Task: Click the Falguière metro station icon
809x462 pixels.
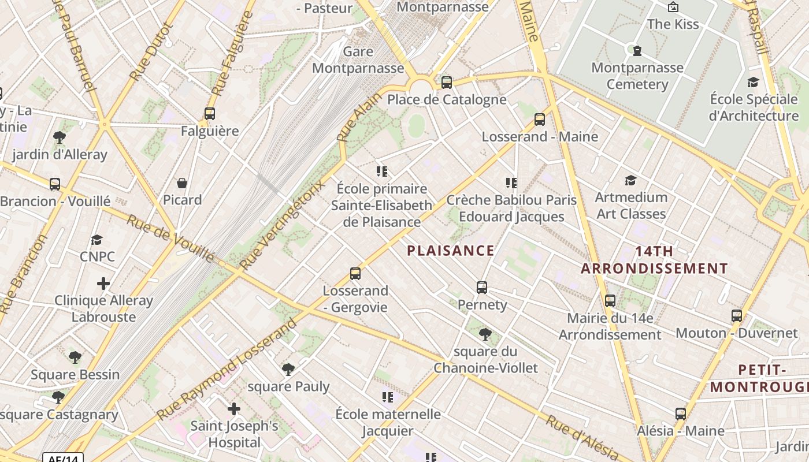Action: [x=210, y=114]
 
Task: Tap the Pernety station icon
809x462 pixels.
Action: [x=482, y=287]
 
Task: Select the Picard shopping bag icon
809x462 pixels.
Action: [x=182, y=183]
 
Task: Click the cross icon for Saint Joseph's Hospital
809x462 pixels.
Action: [x=234, y=409]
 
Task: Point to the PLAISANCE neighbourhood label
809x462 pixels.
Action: [x=451, y=251]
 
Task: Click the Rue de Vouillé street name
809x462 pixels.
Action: [x=170, y=239]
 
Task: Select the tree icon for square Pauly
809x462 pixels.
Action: [x=288, y=369]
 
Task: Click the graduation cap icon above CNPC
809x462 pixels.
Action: [x=97, y=240]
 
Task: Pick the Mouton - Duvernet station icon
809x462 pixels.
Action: [x=737, y=316]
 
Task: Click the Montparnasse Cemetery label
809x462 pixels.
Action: [x=637, y=76]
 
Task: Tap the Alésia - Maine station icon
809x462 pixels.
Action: [x=681, y=413]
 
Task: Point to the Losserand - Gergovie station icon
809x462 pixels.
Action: [x=355, y=273]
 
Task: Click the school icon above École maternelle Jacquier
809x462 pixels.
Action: [x=388, y=397]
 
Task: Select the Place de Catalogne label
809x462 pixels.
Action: [x=447, y=99]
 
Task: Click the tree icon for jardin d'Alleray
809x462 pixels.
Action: [x=59, y=137]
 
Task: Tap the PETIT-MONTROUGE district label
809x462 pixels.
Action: [x=759, y=378]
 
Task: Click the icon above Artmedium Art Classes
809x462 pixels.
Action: [x=631, y=180]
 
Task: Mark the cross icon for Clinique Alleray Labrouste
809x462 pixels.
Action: [x=103, y=284]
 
